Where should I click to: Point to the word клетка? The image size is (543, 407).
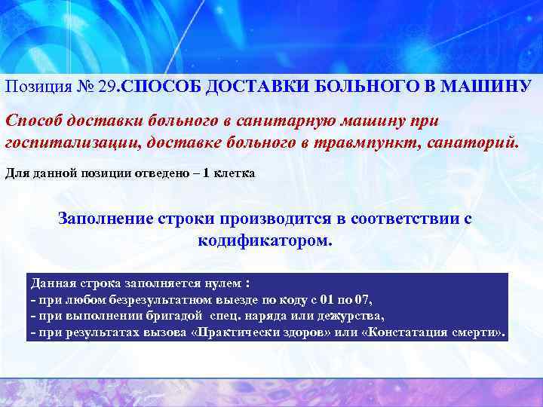click(x=234, y=173)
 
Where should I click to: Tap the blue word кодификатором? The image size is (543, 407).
click(x=264, y=242)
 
